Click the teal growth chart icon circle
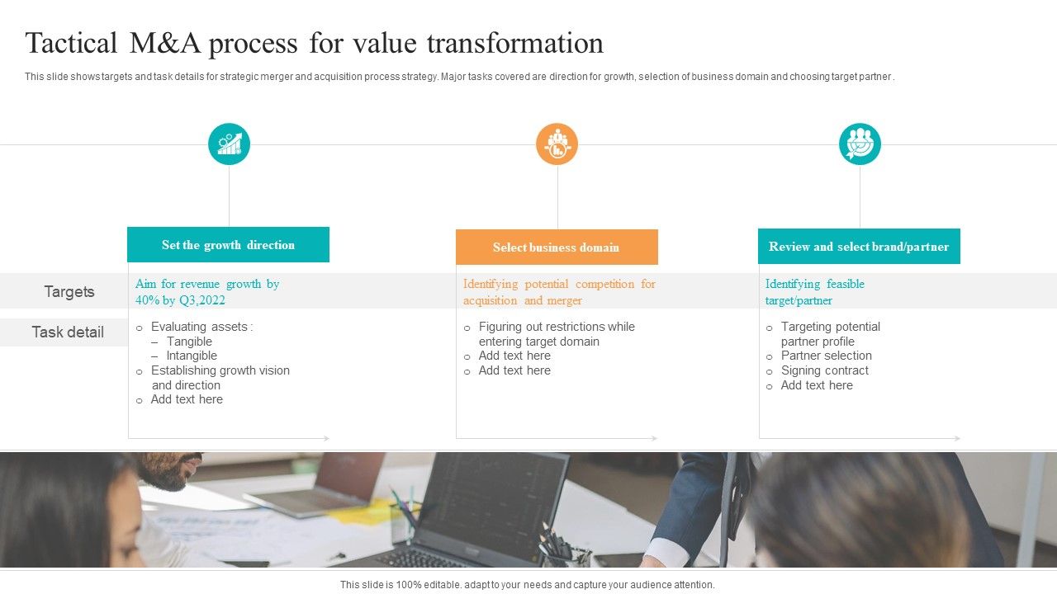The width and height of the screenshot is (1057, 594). click(x=229, y=144)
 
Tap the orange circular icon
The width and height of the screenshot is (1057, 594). click(x=557, y=144)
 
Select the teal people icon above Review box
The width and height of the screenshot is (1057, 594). click(x=860, y=144)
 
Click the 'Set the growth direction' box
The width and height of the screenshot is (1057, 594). click(x=228, y=245)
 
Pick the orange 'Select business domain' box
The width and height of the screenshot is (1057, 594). click(x=557, y=247)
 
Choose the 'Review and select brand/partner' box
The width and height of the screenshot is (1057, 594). click(x=859, y=247)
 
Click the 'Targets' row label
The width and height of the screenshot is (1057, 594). click(x=69, y=291)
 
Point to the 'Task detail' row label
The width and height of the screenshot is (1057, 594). click(x=68, y=332)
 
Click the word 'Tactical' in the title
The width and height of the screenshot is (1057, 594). click(x=71, y=43)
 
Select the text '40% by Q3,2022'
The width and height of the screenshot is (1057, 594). click(x=180, y=300)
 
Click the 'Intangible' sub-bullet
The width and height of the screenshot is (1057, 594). click(x=192, y=356)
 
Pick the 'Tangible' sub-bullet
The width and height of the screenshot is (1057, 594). click(x=189, y=342)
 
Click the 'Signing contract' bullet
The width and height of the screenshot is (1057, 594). click(x=824, y=370)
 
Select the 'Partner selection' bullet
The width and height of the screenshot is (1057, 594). click(x=826, y=356)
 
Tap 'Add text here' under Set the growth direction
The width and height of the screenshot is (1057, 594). click(x=187, y=399)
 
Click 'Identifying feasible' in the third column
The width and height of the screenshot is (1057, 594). click(x=814, y=284)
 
